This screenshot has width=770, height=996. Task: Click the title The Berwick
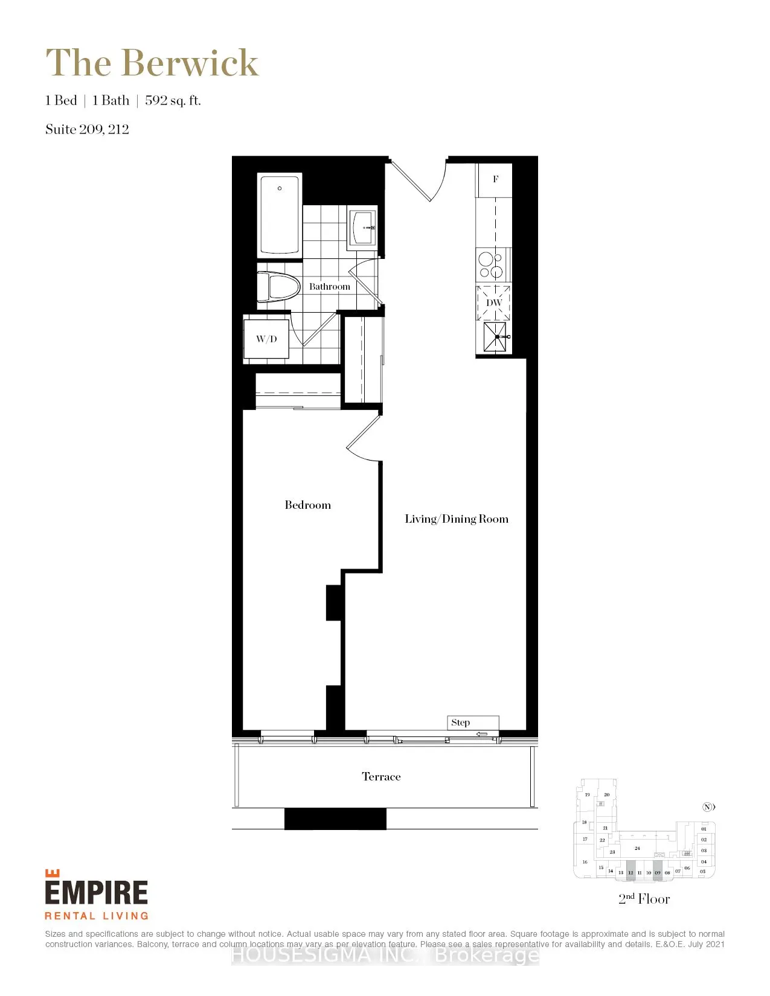(152, 63)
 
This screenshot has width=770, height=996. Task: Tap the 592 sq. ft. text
(173, 101)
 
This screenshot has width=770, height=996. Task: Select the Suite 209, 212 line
(87, 129)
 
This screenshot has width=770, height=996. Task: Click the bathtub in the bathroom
(279, 214)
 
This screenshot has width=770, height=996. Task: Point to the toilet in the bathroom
(279, 287)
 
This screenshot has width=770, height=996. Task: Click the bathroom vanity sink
(362, 228)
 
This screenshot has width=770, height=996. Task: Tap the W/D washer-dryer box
(266, 339)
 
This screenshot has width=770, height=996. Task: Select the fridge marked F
(495, 179)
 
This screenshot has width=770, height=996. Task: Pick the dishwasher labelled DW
(494, 302)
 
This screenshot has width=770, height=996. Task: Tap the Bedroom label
(307, 505)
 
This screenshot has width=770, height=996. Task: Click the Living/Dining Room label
(457, 519)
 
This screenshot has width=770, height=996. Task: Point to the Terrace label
(381, 777)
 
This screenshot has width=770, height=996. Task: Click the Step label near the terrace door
(460, 723)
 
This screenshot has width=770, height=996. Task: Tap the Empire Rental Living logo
(97, 895)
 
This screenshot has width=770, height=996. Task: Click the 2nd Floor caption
(644, 899)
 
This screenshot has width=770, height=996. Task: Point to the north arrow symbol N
(708, 807)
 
